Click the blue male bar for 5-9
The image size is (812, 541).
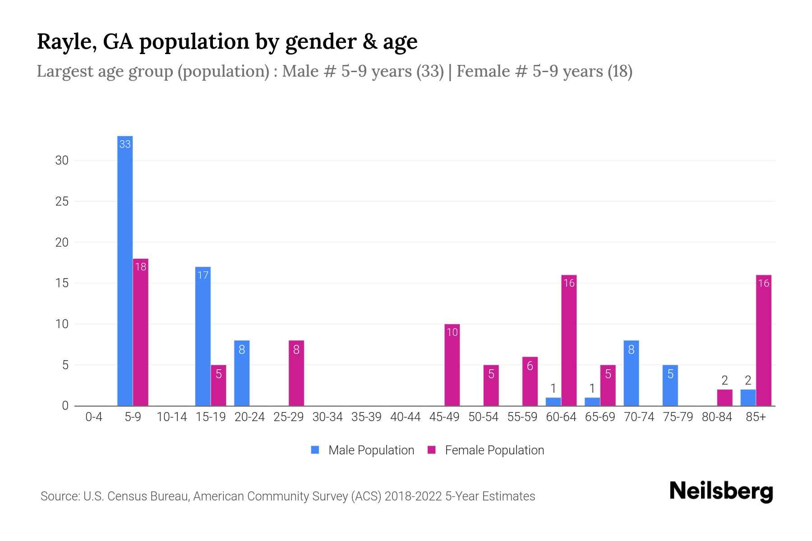(125, 270)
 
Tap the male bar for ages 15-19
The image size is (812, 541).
(203, 336)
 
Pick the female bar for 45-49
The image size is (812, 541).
(452, 365)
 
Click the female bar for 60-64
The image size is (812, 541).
(569, 340)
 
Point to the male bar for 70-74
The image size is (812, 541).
(631, 373)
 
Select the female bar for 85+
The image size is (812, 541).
(764, 340)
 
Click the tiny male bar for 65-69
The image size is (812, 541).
(592, 402)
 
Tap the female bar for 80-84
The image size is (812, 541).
(724, 398)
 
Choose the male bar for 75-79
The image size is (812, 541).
(670, 385)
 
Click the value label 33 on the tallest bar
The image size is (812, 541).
(125, 144)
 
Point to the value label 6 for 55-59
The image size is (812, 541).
(530, 366)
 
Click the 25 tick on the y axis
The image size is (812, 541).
(62, 202)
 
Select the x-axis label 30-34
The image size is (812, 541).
(328, 417)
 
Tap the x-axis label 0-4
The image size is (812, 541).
(94, 417)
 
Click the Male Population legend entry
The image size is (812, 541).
(363, 450)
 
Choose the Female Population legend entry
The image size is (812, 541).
(486, 450)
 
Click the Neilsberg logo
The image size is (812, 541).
(721, 491)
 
